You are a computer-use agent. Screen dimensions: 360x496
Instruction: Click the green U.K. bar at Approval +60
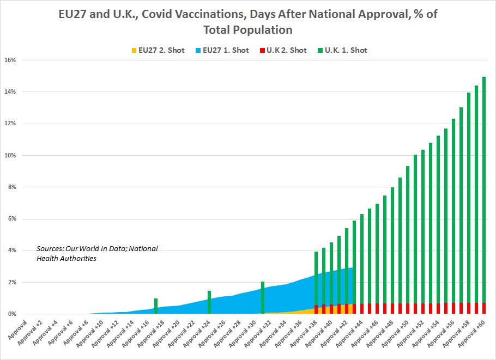(x=484, y=191)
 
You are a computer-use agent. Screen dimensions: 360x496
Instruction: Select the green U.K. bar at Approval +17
(x=156, y=306)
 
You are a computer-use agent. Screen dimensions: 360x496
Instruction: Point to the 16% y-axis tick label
(x=10, y=60)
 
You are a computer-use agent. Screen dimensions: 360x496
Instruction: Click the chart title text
(x=248, y=22)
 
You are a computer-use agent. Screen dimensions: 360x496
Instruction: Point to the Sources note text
(x=97, y=253)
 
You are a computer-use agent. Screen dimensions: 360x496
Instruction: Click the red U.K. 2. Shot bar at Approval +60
(x=484, y=308)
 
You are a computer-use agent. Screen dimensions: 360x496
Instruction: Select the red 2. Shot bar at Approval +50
(x=408, y=308)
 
